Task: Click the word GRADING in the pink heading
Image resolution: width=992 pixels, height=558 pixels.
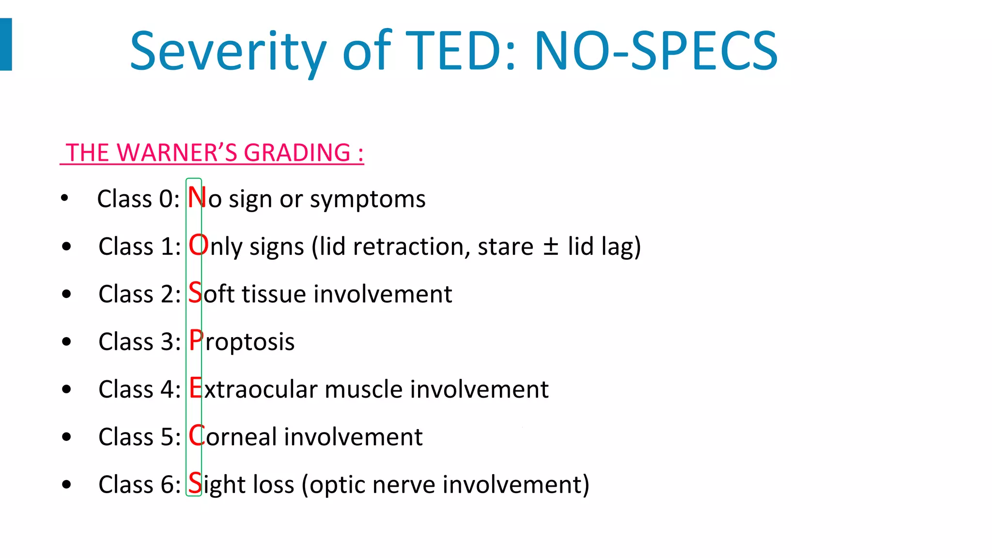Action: pyautogui.click(x=297, y=153)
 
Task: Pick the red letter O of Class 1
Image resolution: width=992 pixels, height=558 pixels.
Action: pyautogui.click(x=198, y=246)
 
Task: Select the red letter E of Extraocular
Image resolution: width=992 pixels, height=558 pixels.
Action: pyautogui.click(x=195, y=388)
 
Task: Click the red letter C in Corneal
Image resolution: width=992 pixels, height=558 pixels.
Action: pyautogui.click(x=196, y=436)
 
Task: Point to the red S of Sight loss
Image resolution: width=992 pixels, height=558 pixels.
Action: pyautogui.click(x=195, y=483)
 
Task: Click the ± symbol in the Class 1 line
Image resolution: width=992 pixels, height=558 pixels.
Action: pyautogui.click(x=550, y=246)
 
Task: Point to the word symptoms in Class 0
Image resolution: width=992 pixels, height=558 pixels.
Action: pyautogui.click(x=368, y=200)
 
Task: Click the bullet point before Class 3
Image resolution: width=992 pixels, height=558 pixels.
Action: pyautogui.click(x=66, y=342)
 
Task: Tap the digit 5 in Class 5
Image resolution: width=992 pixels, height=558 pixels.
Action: pyautogui.click(x=167, y=437)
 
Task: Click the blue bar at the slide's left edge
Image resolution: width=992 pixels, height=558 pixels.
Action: pyautogui.click(x=6, y=44)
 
